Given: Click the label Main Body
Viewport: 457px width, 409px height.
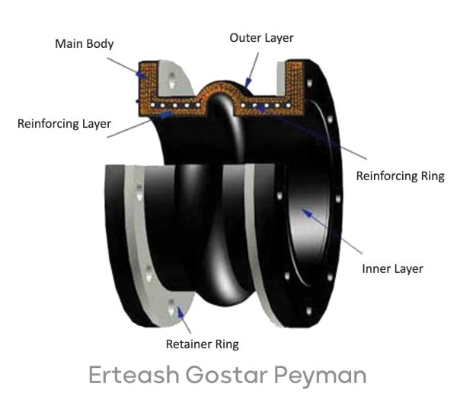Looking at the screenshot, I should (x=84, y=43).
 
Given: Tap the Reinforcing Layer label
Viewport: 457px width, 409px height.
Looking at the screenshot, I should (x=64, y=123).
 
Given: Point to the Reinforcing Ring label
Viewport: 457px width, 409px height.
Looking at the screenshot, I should (x=400, y=176).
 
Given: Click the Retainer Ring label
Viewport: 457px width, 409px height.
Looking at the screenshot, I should (x=202, y=344).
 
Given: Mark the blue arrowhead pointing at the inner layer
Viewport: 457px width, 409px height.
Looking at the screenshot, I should (x=305, y=214).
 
